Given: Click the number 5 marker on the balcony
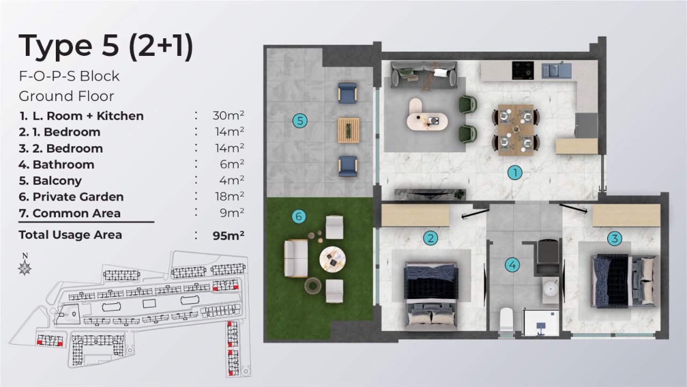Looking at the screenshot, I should pyautogui.click(x=300, y=121).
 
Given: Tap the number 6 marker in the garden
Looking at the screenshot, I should pyautogui.click(x=299, y=217).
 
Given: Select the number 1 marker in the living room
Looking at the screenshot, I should pyautogui.click(x=515, y=173).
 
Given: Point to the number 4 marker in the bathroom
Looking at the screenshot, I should pyautogui.click(x=513, y=264).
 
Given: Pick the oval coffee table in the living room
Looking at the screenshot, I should pyautogui.click(x=426, y=114).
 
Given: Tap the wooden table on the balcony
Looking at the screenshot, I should pyautogui.click(x=348, y=130).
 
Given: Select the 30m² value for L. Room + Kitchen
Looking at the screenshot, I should pyautogui.click(x=229, y=116).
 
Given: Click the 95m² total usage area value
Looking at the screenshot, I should pyautogui.click(x=229, y=235).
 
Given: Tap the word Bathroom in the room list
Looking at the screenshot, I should pyautogui.click(x=63, y=164).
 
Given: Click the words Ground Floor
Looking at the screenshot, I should pyautogui.click(x=67, y=96).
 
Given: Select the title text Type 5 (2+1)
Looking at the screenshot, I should pyautogui.click(x=106, y=46).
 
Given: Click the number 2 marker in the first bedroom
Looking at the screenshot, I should pyautogui.click(x=430, y=238).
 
